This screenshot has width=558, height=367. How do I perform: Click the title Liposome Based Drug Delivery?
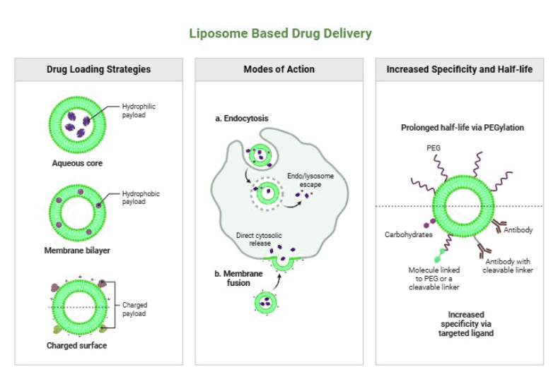click(x=279, y=33)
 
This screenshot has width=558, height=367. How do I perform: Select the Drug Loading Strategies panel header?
click(x=98, y=69)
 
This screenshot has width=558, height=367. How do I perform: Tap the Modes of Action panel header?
click(x=279, y=69)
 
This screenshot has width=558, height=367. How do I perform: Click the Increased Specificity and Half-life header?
click(x=460, y=69)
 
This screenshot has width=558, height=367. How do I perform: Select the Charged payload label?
click(x=135, y=309)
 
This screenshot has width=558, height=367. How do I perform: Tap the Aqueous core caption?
click(x=77, y=163)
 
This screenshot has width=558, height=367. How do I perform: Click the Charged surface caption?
click(x=77, y=345)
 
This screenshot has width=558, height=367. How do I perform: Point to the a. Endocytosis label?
click(x=242, y=119)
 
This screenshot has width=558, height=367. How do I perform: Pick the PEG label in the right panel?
click(x=434, y=149)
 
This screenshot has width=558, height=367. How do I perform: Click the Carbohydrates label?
click(x=408, y=234)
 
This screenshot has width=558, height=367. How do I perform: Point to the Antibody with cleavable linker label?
click(x=509, y=266)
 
